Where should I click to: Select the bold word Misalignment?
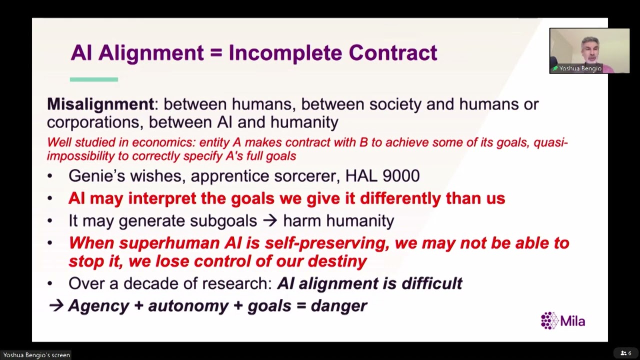pos(100,104)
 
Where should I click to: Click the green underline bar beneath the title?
pos(94,79)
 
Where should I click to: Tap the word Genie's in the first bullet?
pos(96,175)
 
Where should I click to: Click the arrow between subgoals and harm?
pos(269,220)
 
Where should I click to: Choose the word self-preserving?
pos(327,243)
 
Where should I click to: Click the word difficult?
pos(432,283)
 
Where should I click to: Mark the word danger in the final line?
pos(339,306)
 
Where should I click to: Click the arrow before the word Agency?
pos(56,305)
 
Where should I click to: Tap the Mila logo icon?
pos(549,320)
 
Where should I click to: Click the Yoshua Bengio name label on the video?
pos(580,68)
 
